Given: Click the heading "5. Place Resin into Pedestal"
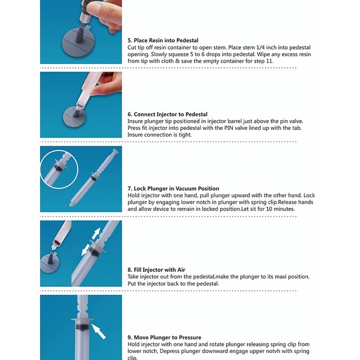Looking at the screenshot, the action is (163, 41).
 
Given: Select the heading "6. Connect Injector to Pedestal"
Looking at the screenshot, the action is (167, 114).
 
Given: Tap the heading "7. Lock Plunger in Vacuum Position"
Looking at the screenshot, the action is (174, 189).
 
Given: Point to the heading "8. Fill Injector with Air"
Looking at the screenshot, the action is (156, 270).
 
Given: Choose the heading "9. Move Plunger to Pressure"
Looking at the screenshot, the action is (165, 338).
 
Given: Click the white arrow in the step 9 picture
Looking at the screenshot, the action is (98, 331).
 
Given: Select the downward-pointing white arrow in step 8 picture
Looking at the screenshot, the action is (86, 250).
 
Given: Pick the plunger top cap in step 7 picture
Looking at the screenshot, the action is (115, 151).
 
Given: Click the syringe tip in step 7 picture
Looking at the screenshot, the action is (72, 204).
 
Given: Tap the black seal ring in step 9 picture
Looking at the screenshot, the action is (82, 327).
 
